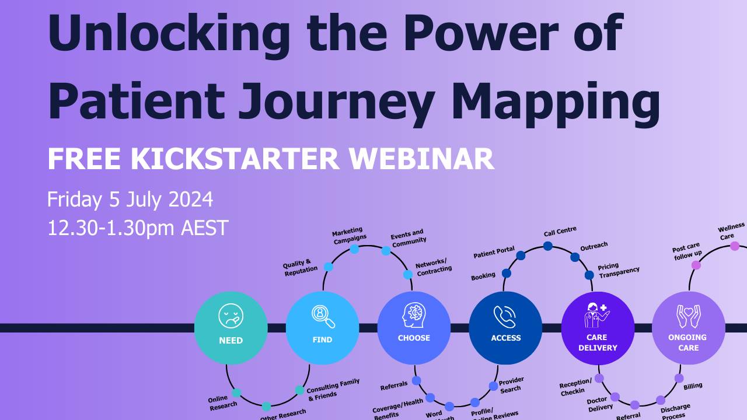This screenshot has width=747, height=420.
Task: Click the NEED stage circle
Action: point(231,328)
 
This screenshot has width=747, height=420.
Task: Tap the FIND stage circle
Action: point(322,328)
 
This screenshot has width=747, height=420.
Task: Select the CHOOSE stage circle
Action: point(414,328)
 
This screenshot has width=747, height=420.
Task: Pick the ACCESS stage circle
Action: point(505,328)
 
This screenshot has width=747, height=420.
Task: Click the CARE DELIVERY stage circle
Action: point(597,328)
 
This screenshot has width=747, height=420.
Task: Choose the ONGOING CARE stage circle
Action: point(688,328)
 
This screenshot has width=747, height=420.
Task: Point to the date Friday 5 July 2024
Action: point(130,199)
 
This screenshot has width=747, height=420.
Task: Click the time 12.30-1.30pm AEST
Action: point(138,228)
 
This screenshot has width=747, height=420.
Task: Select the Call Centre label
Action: point(560,232)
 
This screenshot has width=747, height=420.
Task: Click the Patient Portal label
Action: point(494,252)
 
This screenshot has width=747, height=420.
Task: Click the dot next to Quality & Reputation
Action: point(329,267)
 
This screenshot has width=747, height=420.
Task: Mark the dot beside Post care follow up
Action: point(696,265)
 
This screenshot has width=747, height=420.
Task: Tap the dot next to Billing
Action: point(679,378)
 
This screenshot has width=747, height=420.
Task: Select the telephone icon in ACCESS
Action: point(505,317)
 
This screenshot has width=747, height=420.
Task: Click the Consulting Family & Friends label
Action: point(333,388)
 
